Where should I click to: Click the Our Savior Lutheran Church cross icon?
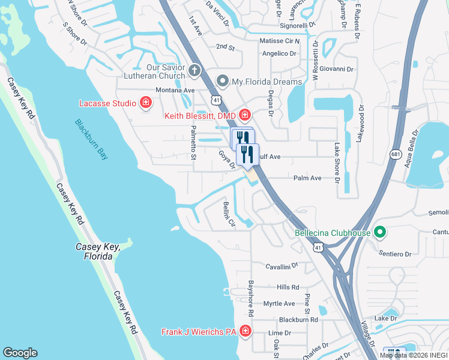coord(194,71)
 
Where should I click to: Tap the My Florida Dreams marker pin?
coord(223,81)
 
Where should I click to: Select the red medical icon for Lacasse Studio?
coord(145,103)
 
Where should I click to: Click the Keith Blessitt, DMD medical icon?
coord(244,114)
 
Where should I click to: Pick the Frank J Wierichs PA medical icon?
coord(244,331)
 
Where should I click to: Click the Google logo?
coord(20,353)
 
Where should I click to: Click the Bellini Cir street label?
coord(229,214)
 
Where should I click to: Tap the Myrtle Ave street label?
coord(279,304)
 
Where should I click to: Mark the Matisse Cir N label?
coord(283,41)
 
